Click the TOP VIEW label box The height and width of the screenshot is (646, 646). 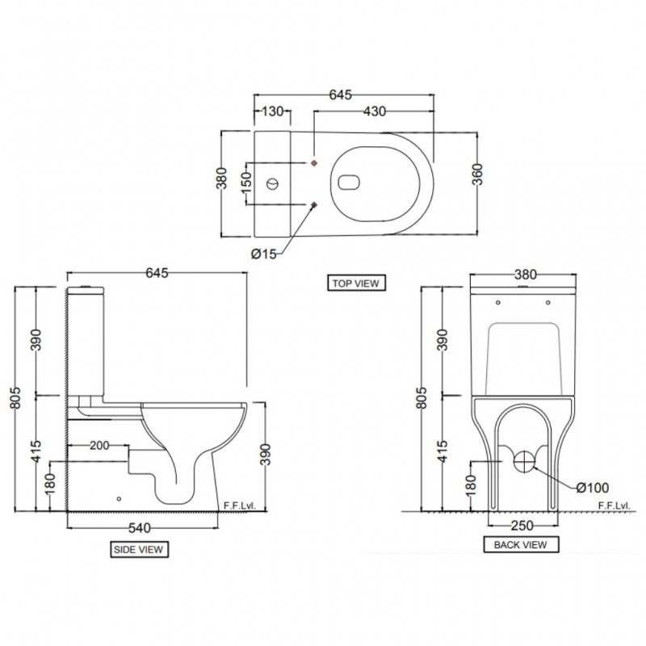tap(356, 283)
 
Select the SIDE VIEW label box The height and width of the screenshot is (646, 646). tap(139, 549)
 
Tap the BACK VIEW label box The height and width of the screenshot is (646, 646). tap(521, 544)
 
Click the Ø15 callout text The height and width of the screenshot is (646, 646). tap(264, 254)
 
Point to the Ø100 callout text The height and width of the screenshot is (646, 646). tap(593, 488)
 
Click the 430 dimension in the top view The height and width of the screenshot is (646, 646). tap(375, 111)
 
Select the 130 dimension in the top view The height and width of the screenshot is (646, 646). tap(273, 111)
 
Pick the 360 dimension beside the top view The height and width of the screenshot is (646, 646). tap(477, 174)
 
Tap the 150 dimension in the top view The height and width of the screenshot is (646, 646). tap(246, 183)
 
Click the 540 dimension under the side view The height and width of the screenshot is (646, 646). tap(140, 528)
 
